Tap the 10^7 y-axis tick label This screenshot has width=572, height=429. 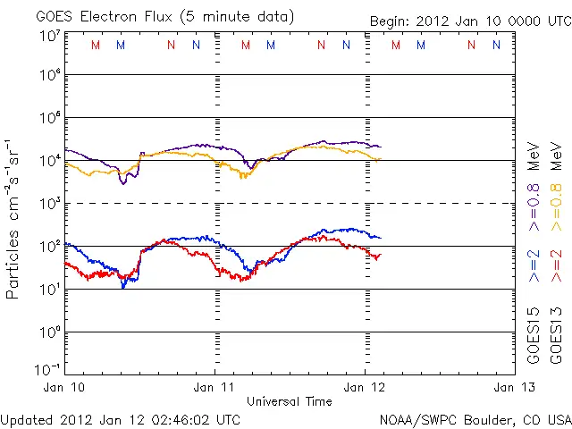49,37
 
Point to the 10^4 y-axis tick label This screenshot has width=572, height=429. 49,160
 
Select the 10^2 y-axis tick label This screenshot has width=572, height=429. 49,246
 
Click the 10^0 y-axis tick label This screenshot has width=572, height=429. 49,332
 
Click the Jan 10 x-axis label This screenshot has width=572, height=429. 65,387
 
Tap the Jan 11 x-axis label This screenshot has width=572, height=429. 215,387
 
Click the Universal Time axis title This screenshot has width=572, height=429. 290,400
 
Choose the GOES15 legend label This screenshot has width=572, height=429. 533,336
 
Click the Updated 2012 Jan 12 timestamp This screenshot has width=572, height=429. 121,419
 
